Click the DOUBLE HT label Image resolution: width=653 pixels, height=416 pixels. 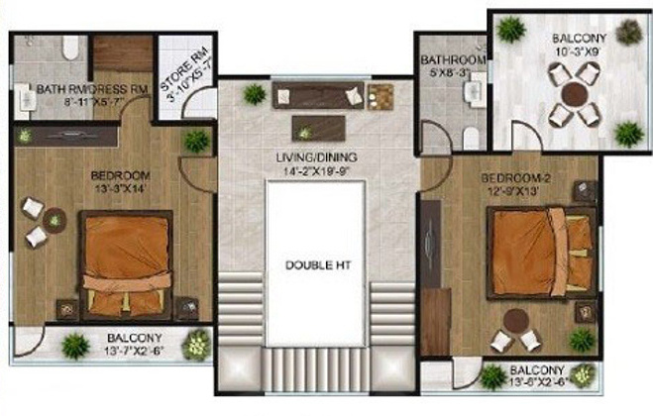[316, 264]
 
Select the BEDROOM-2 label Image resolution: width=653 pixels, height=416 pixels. [511, 177]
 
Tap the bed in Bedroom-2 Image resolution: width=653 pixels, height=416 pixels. [536, 254]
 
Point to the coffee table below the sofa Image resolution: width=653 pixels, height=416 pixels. [317, 128]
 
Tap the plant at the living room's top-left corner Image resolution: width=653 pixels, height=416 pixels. [255, 94]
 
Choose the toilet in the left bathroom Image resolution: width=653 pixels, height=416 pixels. [70, 48]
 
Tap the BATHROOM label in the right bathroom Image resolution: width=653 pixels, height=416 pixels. [452, 59]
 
